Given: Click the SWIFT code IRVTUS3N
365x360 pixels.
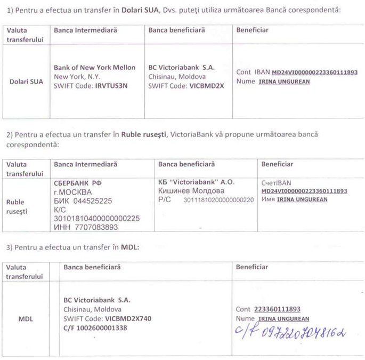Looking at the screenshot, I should pyautogui.click(x=111, y=85).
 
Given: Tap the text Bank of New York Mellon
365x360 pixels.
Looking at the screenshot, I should pyautogui.click(x=95, y=68).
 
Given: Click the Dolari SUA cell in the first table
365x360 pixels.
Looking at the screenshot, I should pyautogui.click(x=27, y=82).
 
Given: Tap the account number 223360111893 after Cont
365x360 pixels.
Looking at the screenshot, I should pyautogui.click(x=277, y=309).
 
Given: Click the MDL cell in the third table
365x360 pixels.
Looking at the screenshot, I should pyautogui.click(x=26, y=318).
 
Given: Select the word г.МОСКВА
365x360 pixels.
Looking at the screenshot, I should pyautogui.click(x=73, y=192).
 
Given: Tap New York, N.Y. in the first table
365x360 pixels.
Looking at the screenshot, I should pyautogui.click(x=77, y=76).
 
